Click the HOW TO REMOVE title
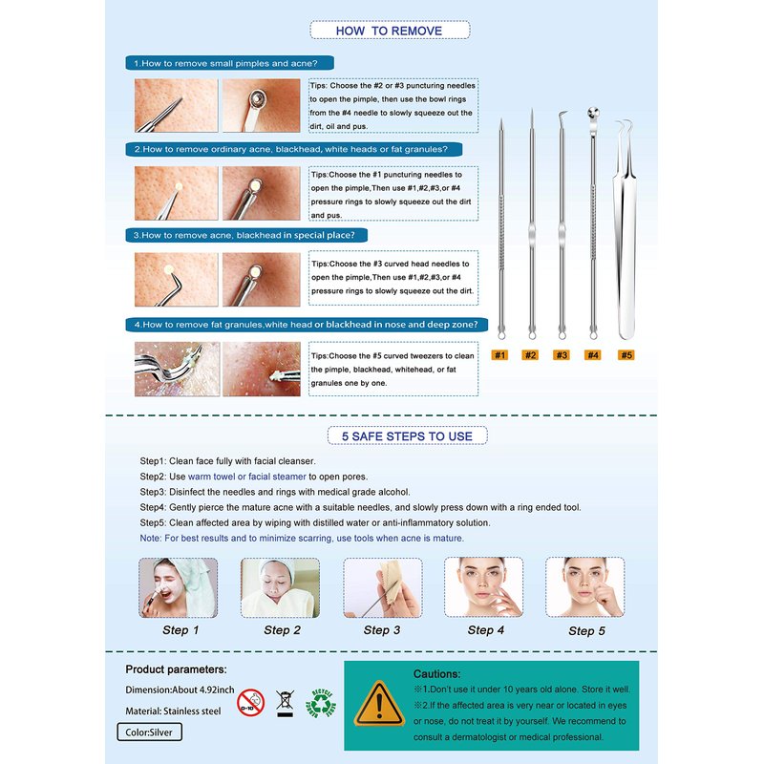coord(390,31)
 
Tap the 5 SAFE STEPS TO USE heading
coord(407,436)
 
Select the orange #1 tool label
coord(499,354)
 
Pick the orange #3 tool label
coord(562,354)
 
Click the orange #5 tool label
coord(626,354)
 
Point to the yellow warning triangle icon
coord(379,704)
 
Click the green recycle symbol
coord(321,703)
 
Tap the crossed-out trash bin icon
coord(285,703)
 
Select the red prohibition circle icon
coord(251,703)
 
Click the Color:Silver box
coord(150,732)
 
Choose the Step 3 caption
coord(381,630)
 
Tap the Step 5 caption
coord(586,631)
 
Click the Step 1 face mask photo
coord(179,587)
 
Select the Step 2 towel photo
coord(280,587)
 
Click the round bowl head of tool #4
coord(593,113)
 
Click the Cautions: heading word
coord(436,674)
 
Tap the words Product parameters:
coord(176,669)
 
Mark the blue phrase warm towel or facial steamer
coord(247,477)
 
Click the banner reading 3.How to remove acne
coord(246,235)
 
